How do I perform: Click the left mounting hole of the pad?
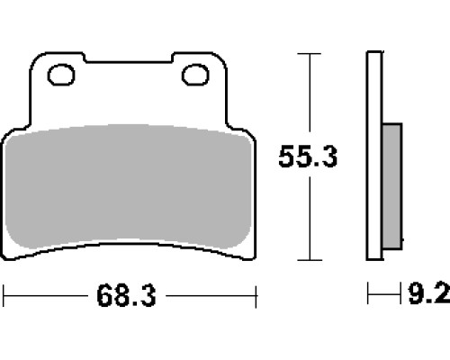[61, 75]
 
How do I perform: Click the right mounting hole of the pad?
[195, 75]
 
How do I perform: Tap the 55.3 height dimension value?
[308, 157]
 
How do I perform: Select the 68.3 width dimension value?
[126, 296]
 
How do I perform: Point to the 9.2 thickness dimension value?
[429, 293]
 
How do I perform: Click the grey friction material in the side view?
[392, 186]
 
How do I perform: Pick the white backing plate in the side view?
[374, 156]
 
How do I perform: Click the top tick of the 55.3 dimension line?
[310, 54]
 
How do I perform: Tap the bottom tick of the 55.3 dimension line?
[310, 260]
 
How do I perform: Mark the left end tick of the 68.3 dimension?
[4, 296]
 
